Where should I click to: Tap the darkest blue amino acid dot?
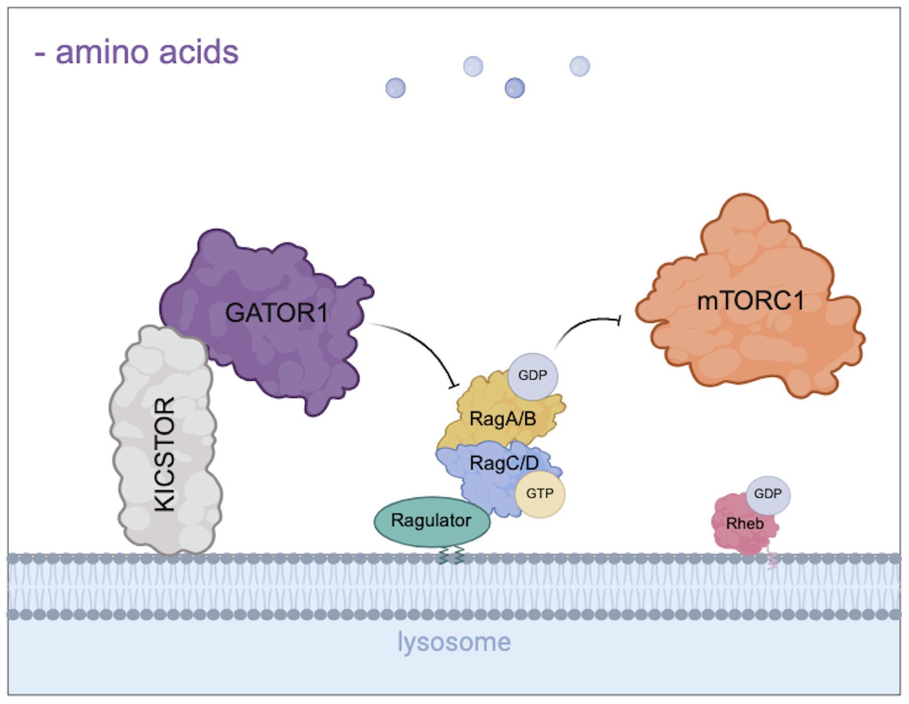coord(514,88)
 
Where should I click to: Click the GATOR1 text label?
coord(276,313)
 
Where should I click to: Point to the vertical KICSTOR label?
coord(164,454)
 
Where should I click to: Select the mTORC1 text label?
coord(750,301)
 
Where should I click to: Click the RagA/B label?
coord(503,418)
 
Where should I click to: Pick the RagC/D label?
coord(504,462)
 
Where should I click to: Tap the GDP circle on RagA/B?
coord(532,376)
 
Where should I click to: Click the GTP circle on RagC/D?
coord(539,494)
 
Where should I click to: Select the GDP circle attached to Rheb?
coord(767,494)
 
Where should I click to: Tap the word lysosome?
coord(454,642)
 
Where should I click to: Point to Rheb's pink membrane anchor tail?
coord(772,560)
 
